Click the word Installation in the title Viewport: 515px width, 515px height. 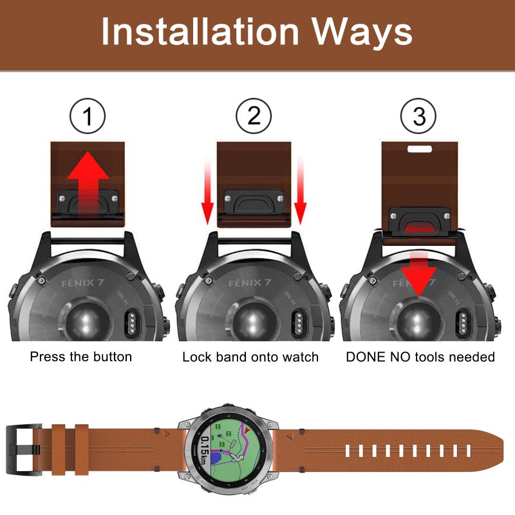pyautogui.click(x=200, y=32)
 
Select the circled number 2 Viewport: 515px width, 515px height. pyautogui.click(x=254, y=117)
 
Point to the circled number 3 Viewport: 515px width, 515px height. pyautogui.click(x=419, y=117)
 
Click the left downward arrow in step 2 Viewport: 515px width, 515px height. pyautogui.click(x=207, y=193)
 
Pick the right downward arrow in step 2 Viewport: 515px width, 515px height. pyautogui.click(x=301, y=193)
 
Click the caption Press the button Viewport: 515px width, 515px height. pyautogui.click(x=80, y=356)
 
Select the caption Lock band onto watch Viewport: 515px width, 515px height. pyautogui.click(x=250, y=356)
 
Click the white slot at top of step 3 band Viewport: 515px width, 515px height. pyautogui.click(x=419, y=148)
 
